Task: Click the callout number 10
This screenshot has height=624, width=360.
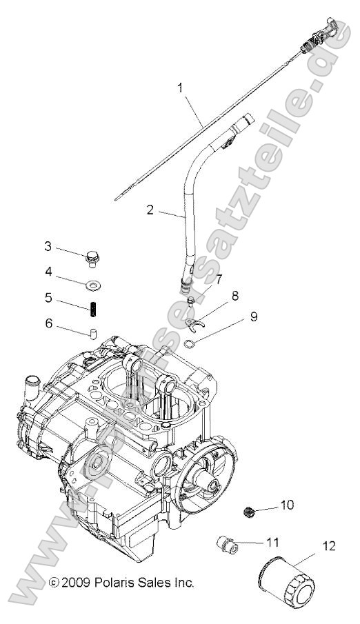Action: pos(286,505)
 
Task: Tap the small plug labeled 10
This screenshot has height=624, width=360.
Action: pos(250,511)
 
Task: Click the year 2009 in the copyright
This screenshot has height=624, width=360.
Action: pos(77,583)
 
